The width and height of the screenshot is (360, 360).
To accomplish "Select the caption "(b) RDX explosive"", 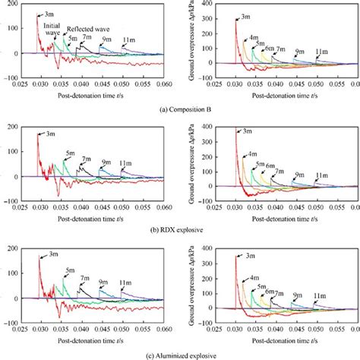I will (179, 224).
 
